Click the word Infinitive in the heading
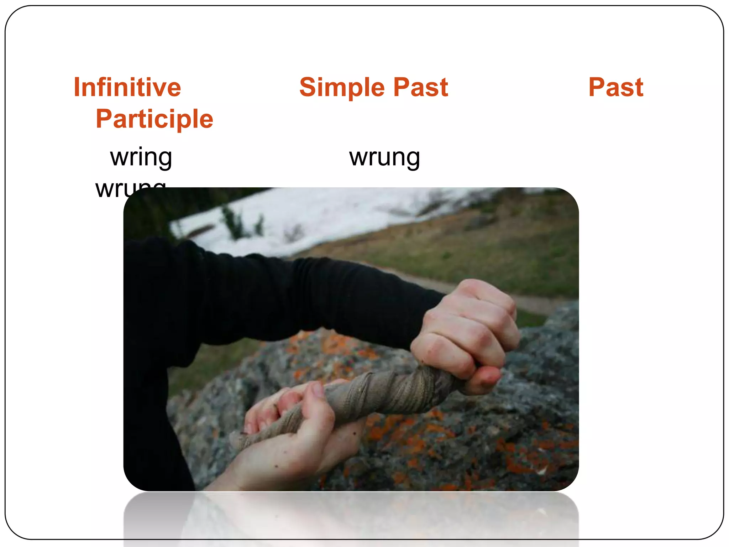(x=127, y=87)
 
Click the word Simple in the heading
(x=342, y=87)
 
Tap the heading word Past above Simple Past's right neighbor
(x=616, y=87)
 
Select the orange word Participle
(x=154, y=119)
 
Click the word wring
(x=141, y=157)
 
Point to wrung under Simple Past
(x=384, y=157)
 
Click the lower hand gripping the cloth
(x=295, y=438)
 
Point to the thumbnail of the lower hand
(x=318, y=390)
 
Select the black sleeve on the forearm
(x=285, y=296)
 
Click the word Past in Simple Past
(x=421, y=87)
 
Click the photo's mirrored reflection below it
(x=351, y=516)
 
